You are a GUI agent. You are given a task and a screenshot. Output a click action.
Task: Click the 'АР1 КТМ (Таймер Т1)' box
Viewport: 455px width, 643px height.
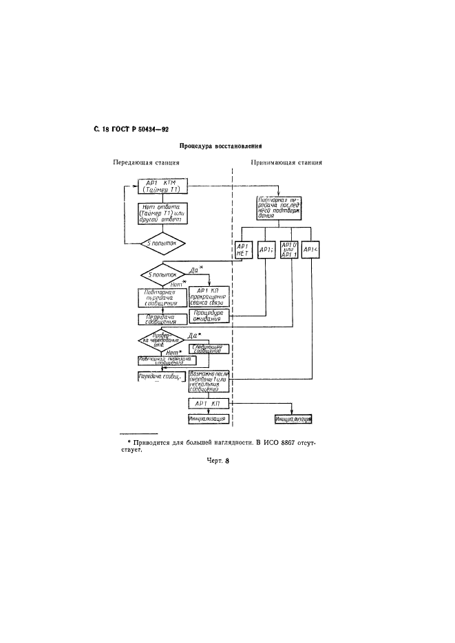(163, 188)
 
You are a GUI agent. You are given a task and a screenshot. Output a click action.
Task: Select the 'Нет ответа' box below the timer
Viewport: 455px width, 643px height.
(163, 213)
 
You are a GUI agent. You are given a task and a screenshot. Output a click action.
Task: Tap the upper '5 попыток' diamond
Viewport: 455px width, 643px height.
(163, 242)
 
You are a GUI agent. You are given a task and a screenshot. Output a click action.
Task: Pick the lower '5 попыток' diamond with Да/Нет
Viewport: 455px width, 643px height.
(164, 274)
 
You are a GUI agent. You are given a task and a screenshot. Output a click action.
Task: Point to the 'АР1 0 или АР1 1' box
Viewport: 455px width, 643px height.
(290, 250)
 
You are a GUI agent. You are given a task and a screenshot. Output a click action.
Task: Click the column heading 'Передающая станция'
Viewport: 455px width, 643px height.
(147, 163)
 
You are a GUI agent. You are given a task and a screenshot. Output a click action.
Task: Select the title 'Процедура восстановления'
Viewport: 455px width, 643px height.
(222, 146)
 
